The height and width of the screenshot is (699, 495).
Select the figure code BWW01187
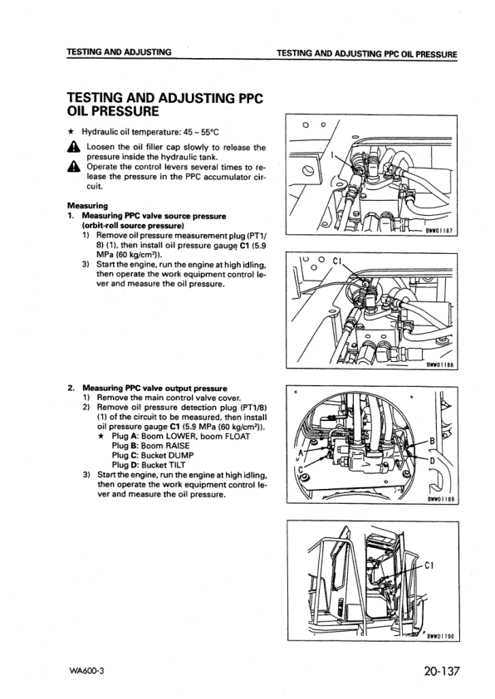[439, 232]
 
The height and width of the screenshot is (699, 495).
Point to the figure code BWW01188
[439, 363]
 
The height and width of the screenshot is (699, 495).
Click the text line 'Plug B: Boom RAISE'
[154, 446]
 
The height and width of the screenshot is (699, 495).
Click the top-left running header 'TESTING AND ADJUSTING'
[120, 52]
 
